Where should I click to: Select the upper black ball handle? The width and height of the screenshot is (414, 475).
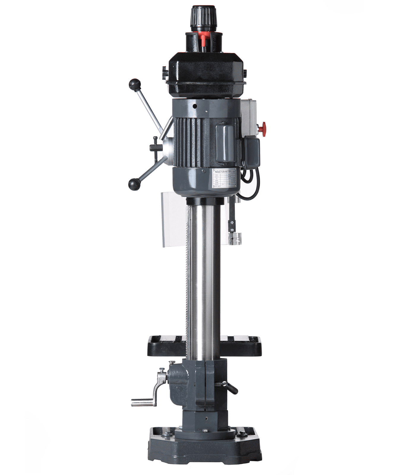coord(134,84)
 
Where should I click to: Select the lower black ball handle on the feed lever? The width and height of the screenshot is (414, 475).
coord(134,184)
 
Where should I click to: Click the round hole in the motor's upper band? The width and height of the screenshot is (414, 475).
coord(194,106)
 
